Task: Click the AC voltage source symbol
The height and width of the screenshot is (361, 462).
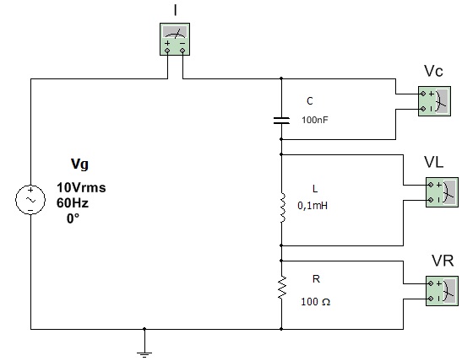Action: pyautogui.click(x=30, y=200)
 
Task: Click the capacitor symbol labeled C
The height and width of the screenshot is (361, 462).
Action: pyautogui.click(x=281, y=121)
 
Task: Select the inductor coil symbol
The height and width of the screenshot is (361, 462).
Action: pyautogui.click(x=283, y=207)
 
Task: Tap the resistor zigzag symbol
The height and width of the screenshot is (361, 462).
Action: pyautogui.click(x=282, y=287)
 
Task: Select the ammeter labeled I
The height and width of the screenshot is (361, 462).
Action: pyautogui.click(x=175, y=39)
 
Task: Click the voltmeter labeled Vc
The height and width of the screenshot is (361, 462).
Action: pyautogui.click(x=434, y=101)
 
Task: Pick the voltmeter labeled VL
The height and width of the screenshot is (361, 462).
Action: pyautogui.click(x=442, y=192)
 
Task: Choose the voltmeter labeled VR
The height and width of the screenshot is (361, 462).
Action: pyautogui.click(x=442, y=291)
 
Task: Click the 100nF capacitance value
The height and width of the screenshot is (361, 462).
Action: pyautogui.click(x=315, y=120)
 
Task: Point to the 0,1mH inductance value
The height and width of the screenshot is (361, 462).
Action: pyautogui.click(x=313, y=206)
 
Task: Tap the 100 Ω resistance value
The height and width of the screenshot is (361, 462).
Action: pyautogui.click(x=316, y=302)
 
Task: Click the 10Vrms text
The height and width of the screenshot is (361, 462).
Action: pyautogui.click(x=81, y=187)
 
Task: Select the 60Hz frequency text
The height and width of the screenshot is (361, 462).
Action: pyautogui.click(x=73, y=203)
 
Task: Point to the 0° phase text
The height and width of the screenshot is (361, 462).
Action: pyautogui.click(x=73, y=218)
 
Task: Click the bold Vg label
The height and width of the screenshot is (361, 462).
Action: pyautogui.click(x=79, y=164)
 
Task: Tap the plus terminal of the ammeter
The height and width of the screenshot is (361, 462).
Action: pyautogui.click(x=167, y=51)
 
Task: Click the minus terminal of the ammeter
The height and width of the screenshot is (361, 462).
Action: pyautogui.click(x=182, y=51)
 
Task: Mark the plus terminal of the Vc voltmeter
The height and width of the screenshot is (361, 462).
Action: pyautogui.click(x=423, y=94)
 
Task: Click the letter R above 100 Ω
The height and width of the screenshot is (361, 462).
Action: pyautogui.click(x=316, y=278)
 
